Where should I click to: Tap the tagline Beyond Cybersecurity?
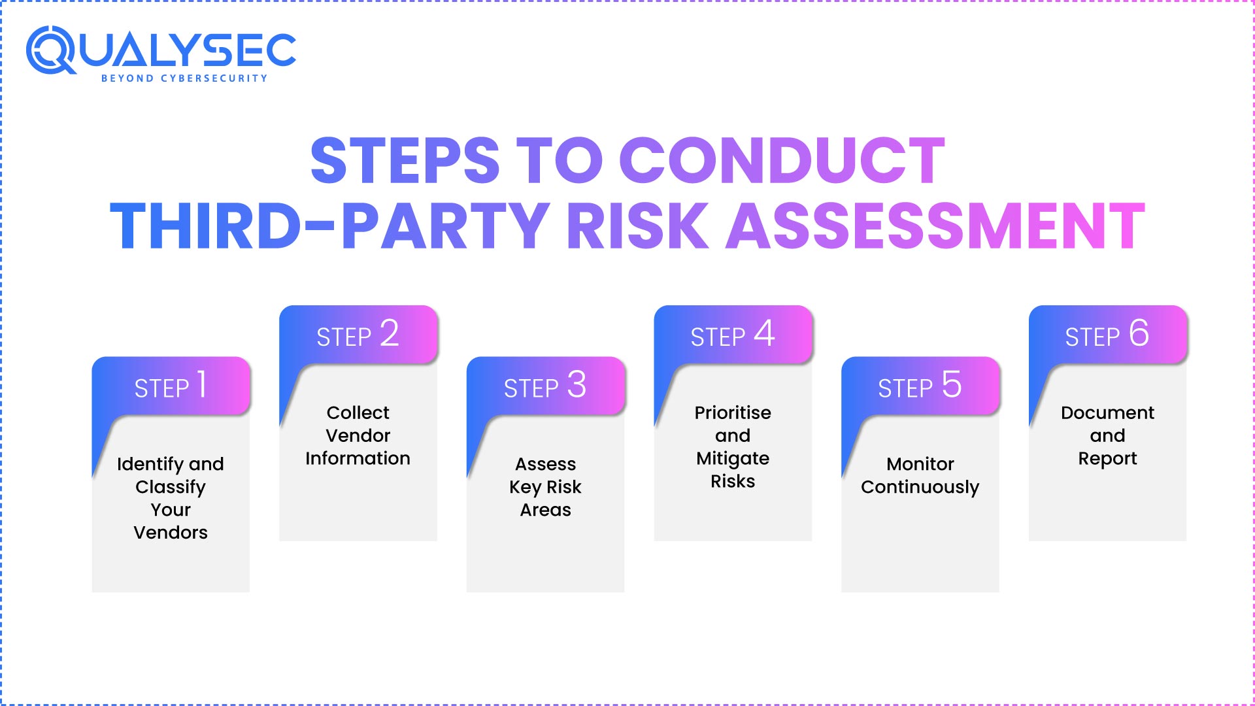point(184,78)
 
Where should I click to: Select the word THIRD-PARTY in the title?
point(329,226)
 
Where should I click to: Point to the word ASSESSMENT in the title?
point(935,226)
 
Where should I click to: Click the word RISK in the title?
point(637,226)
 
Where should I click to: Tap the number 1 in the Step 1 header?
point(202,384)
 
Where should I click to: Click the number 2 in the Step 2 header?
point(389,333)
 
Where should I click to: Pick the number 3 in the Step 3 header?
point(577,384)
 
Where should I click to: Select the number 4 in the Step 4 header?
point(764,333)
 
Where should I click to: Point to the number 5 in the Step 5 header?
point(952,384)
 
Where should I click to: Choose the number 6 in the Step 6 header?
point(1139,333)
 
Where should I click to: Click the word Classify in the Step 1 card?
point(171,487)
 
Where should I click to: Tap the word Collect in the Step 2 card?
point(358,412)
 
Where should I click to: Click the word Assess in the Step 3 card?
point(545,464)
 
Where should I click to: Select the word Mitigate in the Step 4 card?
point(733,459)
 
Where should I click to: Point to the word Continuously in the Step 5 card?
point(920,487)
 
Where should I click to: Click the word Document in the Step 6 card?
point(1107,412)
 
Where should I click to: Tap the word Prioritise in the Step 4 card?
point(733,412)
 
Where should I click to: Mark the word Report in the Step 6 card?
point(1107,459)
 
